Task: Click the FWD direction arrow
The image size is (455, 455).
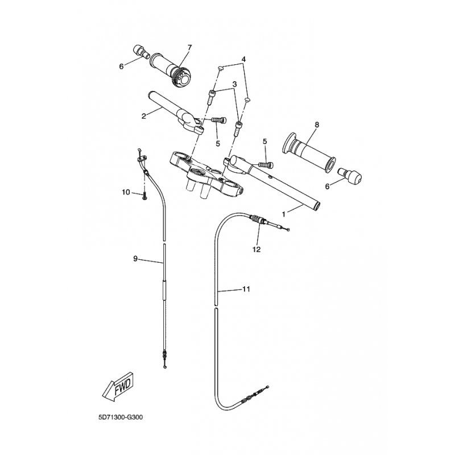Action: pos(118,387)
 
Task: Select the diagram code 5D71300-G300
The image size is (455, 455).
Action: pos(121,417)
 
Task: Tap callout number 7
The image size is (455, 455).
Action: pos(190,47)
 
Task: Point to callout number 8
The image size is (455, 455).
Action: pos(317,125)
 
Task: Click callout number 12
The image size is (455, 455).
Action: pos(257,249)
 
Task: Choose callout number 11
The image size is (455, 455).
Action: pos(246,289)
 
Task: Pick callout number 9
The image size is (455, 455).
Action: pos(135,258)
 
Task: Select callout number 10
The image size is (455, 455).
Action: pos(126,192)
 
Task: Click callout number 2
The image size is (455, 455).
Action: pos(143,117)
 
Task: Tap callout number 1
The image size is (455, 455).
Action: pos(284,214)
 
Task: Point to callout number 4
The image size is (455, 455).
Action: pos(243,59)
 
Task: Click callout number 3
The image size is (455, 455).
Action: pos(234,84)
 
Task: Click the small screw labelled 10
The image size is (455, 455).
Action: pos(144,196)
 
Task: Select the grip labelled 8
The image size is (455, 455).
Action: pos(309,152)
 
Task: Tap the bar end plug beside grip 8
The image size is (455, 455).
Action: pos(350,175)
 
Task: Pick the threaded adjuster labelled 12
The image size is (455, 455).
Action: pos(258,220)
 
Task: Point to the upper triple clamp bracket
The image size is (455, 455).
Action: pos(206,176)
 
